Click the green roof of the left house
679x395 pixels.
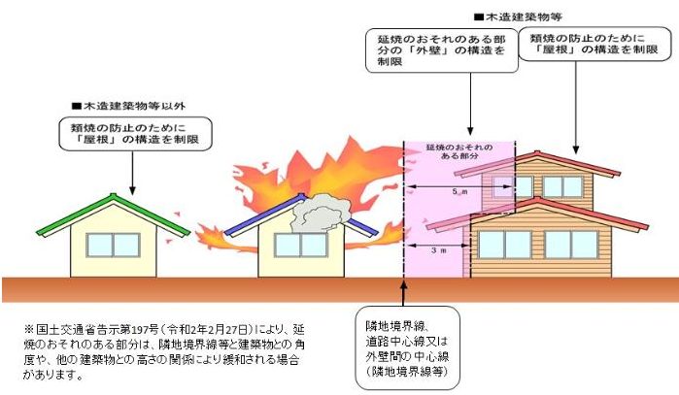tap(65, 216)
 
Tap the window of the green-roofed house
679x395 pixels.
tap(114, 245)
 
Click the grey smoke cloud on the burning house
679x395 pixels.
tap(320, 214)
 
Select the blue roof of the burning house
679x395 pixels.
tap(264, 215)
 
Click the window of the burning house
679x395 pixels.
tap(300, 245)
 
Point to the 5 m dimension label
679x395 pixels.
tap(459, 191)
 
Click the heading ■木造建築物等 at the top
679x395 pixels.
tap(518, 17)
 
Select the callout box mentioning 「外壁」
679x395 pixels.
tap(442, 50)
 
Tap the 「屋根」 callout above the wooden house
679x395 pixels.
tap(594, 44)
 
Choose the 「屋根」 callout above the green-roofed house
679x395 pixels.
tap(136, 134)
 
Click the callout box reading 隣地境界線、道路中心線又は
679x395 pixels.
tap(407, 348)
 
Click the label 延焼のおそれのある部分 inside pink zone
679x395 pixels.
tap(459, 151)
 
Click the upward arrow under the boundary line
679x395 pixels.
tap(403, 293)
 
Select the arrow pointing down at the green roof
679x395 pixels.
tap(132, 173)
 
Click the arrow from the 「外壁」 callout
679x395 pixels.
tap(471, 104)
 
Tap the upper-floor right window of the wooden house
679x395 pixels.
tap(562, 187)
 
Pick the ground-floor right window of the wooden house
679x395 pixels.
tap(571, 245)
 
